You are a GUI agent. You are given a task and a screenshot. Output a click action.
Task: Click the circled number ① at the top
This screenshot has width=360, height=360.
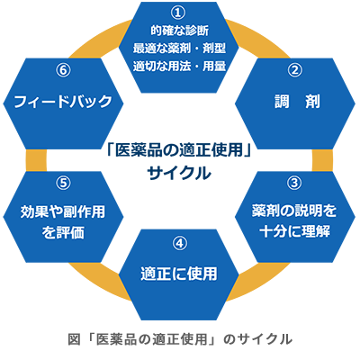pyautogui.click(x=178, y=13)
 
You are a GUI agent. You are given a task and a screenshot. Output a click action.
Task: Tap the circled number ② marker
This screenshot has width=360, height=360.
pyautogui.click(x=294, y=70)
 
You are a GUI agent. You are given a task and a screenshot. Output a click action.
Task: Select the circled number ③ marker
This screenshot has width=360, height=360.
pyautogui.click(x=294, y=183)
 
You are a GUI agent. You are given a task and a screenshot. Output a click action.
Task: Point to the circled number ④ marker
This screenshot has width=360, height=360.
pyautogui.click(x=180, y=243)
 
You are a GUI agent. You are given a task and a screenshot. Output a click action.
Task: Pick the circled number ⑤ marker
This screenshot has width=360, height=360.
pyautogui.click(x=63, y=183)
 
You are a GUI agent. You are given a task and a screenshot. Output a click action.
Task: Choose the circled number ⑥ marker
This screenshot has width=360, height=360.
pyautogui.click(x=63, y=70)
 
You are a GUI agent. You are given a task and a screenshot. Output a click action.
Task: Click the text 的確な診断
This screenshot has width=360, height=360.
pyautogui.click(x=179, y=31)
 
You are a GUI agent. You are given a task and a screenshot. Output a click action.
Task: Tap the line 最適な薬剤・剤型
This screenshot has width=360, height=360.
pyautogui.click(x=179, y=48)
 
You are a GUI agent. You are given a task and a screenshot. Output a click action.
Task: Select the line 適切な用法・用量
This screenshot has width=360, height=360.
pyautogui.click(x=179, y=66)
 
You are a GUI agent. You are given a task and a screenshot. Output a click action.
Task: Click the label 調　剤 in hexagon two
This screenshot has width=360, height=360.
pyautogui.click(x=297, y=102)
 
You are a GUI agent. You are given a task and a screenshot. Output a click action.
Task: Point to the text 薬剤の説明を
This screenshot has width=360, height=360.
pyautogui.click(x=294, y=211)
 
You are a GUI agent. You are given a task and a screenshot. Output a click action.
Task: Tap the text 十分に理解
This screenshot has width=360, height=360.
pyautogui.click(x=294, y=231)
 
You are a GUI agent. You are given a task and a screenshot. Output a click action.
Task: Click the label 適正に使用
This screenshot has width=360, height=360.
pyautogui.click(x=179, y=274)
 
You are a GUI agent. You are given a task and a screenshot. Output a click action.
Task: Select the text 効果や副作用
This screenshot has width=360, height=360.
pyautogui.click(x=63, y=211)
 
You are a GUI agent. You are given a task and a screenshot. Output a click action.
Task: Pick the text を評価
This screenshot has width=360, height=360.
pyautogui.click(x=63, y=232)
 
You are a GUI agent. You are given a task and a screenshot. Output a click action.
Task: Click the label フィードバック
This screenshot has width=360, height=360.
pyautogui.click(x=63, y=102)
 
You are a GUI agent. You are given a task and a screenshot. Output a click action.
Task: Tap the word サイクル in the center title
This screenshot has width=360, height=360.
pyautogui.click(x=179, y=173)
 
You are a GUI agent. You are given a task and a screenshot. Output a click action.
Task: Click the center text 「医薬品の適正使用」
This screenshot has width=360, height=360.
pyautogui.click(x=179, y=149)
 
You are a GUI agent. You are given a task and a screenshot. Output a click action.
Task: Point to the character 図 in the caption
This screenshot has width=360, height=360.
pyautogui.click(x=74, y=339)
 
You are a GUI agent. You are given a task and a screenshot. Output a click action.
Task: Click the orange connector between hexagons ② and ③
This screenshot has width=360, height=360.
pyautogui.click(x=322, y=160)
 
